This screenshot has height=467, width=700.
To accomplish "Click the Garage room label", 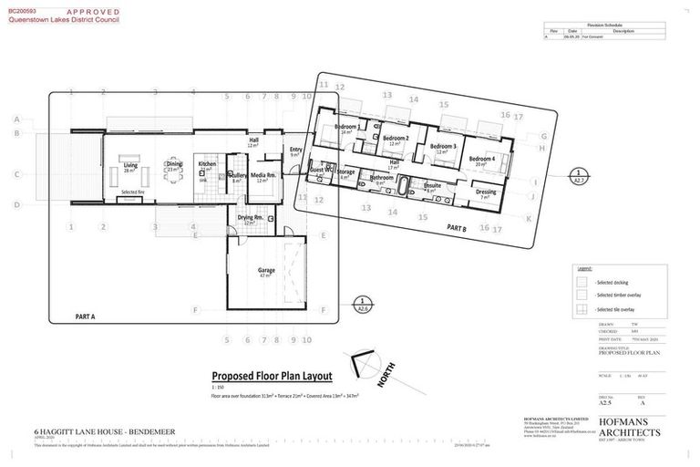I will coord(266,270).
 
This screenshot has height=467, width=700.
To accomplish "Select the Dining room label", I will coord(173,165).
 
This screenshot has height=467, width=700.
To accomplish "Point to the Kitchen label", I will coord(207,165).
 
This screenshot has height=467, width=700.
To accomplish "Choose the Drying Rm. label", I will coord(251,218).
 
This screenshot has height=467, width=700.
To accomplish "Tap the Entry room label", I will coord(295,150).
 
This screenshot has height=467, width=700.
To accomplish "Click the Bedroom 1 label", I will coord(346,127).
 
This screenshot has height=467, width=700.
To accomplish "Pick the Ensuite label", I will coord(432,185).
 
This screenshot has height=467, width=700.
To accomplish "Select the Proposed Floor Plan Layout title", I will coord(272,376).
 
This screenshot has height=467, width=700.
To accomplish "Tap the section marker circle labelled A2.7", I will coord(578,176).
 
